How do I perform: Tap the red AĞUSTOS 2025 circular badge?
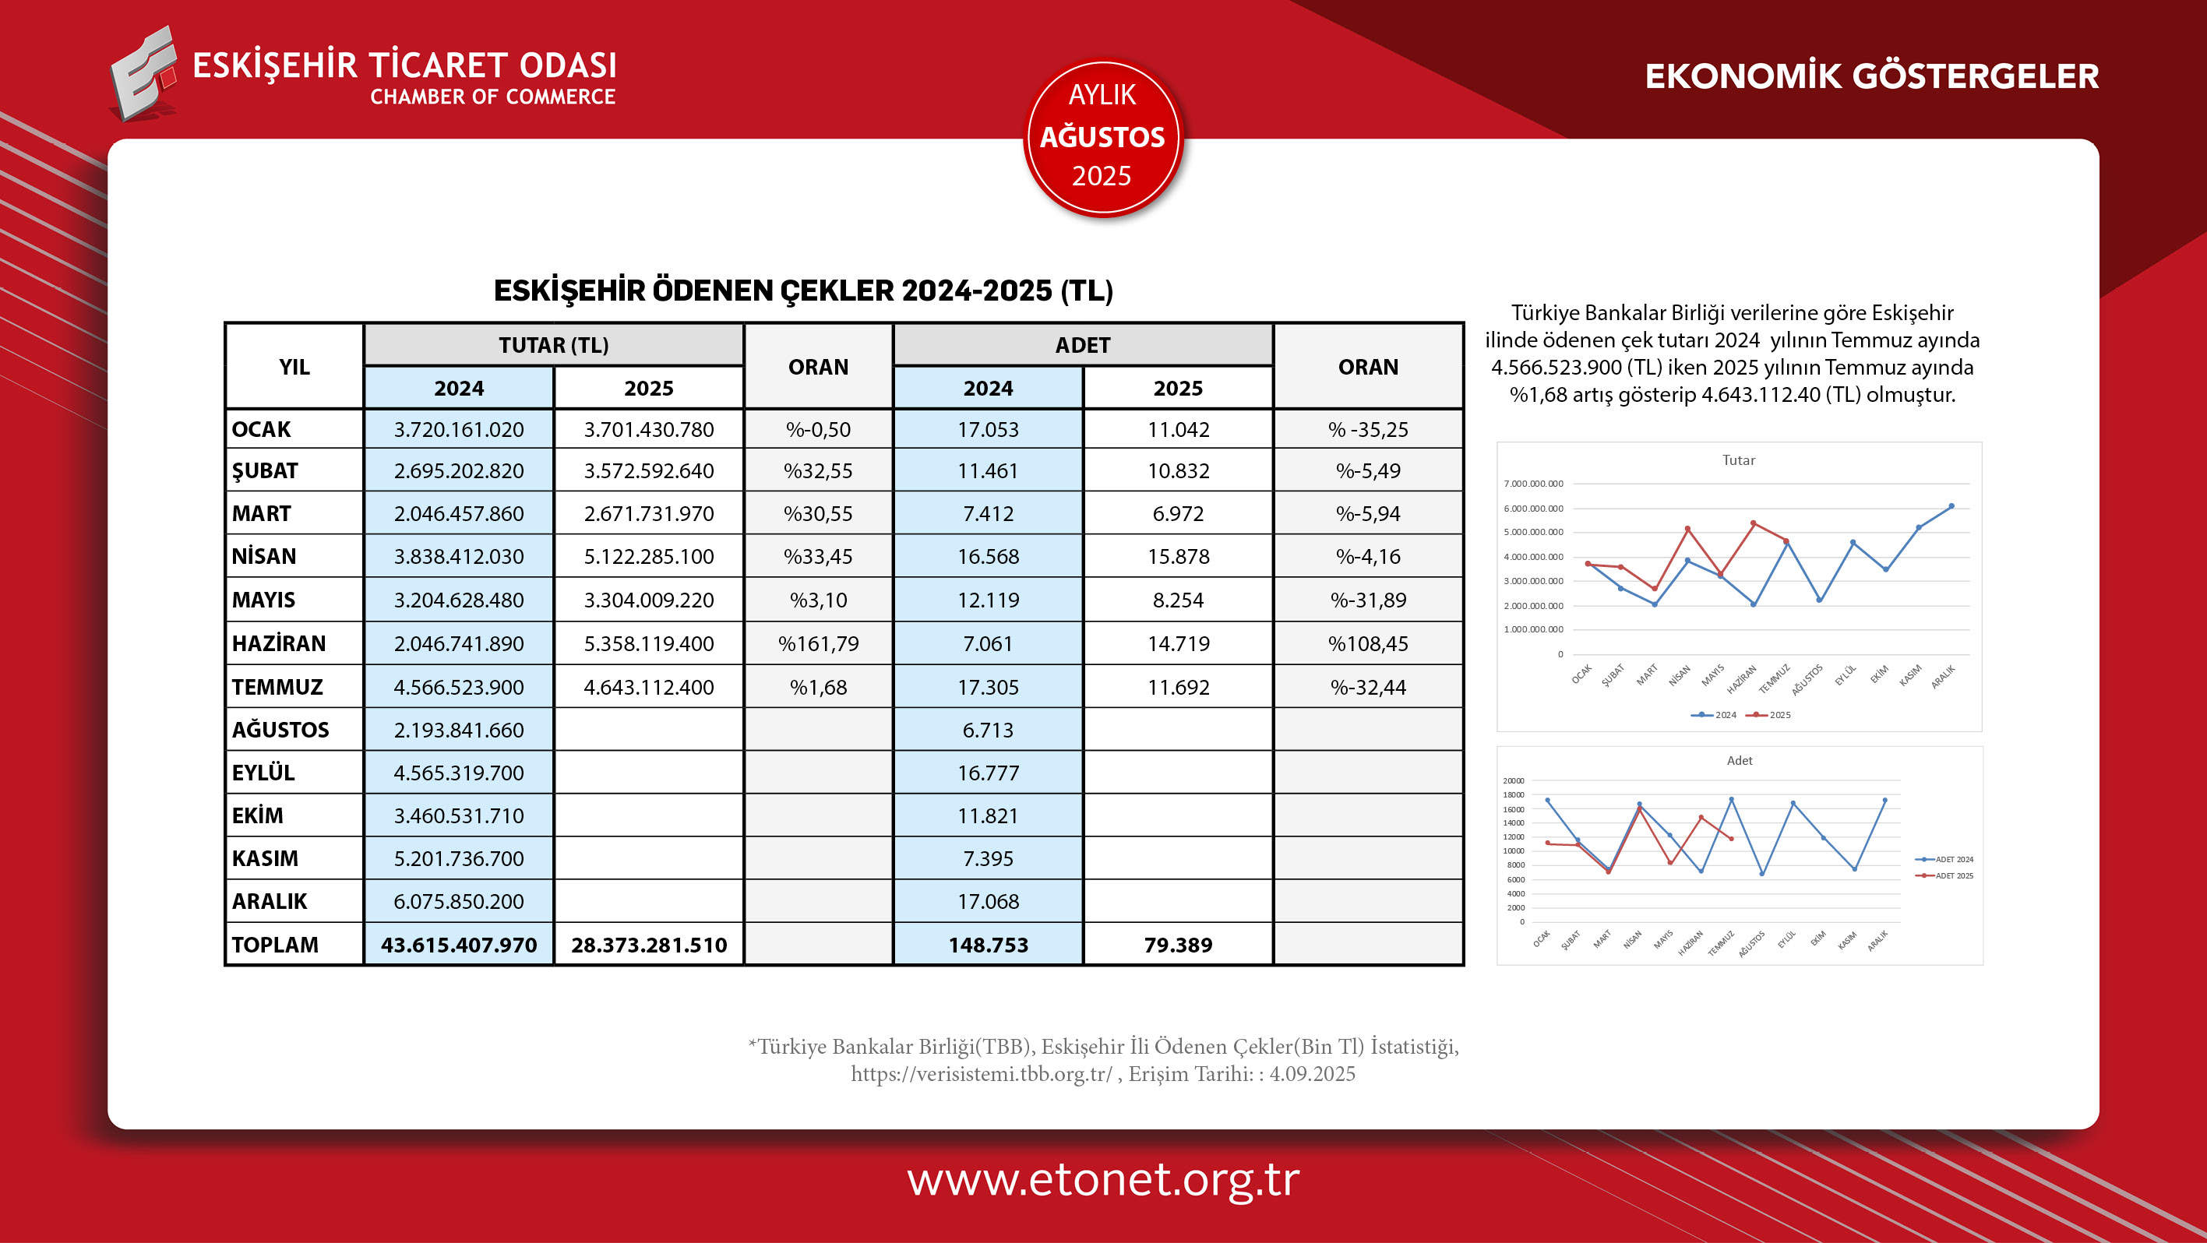click(x=1102, y=137)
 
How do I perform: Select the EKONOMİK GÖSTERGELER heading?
click(x=1871, y=76)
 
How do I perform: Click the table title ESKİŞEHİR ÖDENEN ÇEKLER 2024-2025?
click(x=802, y=291)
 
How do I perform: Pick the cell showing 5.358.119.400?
click(x=649, y=643)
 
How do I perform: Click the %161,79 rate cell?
click(x=818, y=643)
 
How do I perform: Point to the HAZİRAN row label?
click(x=278, y=643)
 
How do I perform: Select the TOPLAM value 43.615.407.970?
click(x=458, y=945)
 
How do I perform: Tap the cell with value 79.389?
click(x=1178, y=945)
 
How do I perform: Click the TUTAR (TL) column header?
click(x=553, y=345)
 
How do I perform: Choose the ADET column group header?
click(x=1083, y=345)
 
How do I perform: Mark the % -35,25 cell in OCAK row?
click(x=1367, y=429)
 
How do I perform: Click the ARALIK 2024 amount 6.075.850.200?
click(x=458, y=901)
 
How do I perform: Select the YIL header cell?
click(x=294, y=367)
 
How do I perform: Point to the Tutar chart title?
click(x=1738, y=460)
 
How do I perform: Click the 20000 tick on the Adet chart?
click(x=1513, y=780)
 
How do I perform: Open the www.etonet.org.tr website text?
click(x=1102, y=1180)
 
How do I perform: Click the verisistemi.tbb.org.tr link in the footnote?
click(x=981, y=1074)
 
